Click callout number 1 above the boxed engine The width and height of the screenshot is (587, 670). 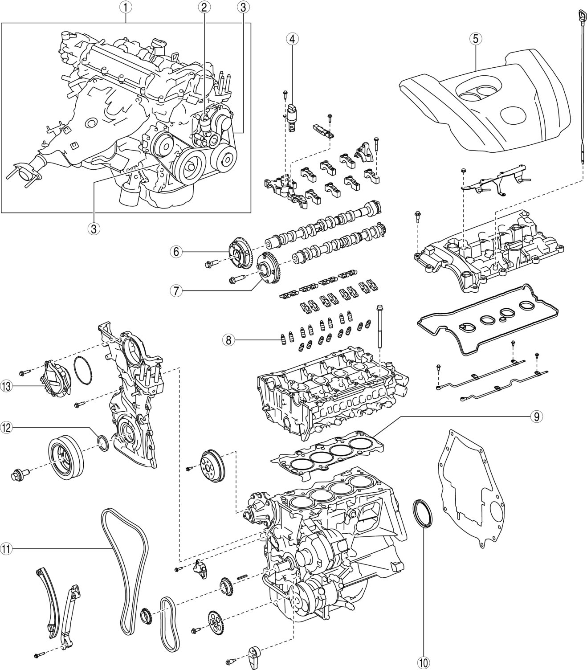click(126, 7)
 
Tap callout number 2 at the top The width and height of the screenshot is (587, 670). click(204, 7)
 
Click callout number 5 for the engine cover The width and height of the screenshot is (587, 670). click(475, 39)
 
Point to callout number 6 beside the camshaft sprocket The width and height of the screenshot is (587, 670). click(176, 252)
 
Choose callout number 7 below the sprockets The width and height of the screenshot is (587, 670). click(176, 291)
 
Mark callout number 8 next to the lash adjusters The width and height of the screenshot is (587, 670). click(228, 339)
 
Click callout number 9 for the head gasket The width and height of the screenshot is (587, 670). click(536, 417)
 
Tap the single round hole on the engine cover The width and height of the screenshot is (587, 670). click(513, 118)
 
